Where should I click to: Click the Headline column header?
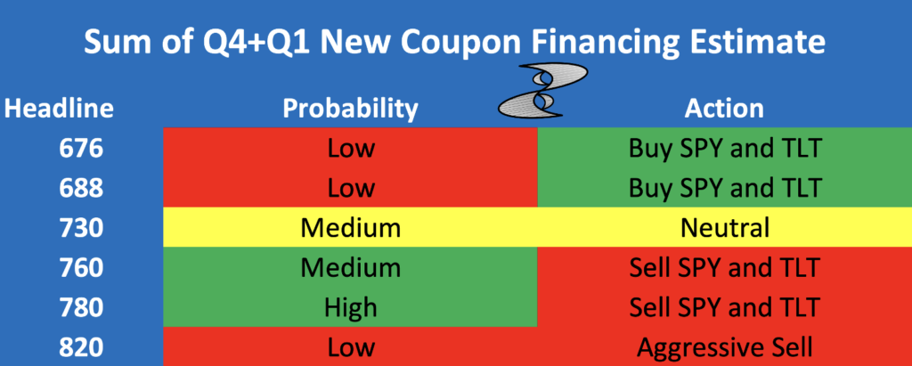pyautogui.click(x=59, y=109)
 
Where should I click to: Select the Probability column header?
pyautogui.click(x=350, y=110)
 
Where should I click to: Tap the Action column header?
pyautogui.click(x=724, y=109)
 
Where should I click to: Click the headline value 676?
pyautogui.click(x=81, y=149)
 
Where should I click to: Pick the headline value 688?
pyautogui.click(x=81, y=188)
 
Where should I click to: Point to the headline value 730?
pyautogui.click(x=81, y=227)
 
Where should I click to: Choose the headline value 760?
pyautogui.click(x=81, y=268)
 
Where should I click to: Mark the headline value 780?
pyautogui.click(x=81, y=307)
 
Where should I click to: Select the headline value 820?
pyautogui.click(x=81, y=347)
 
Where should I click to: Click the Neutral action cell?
pyautogui.click(x=725, y=227)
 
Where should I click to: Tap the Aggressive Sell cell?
pyautogui.click(x=725, y=348)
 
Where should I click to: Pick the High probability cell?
pyautogui.click(x=351, y=308)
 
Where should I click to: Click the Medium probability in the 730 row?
pyautogui.click(x=351, y=227)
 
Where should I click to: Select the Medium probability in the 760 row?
pyautogui.click(x=351, y=268)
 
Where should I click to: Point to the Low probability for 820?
pyautogui.click(x=351, y=347)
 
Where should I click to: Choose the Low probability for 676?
pyautogui.click(x=351, y=149)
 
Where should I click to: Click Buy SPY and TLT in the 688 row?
pyautogui.click(x=725, y=189)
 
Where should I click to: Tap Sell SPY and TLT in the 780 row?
pyautogui.click(x=725, y=308)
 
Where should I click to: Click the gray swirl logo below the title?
pyautogui.click(x=543, y=90)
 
